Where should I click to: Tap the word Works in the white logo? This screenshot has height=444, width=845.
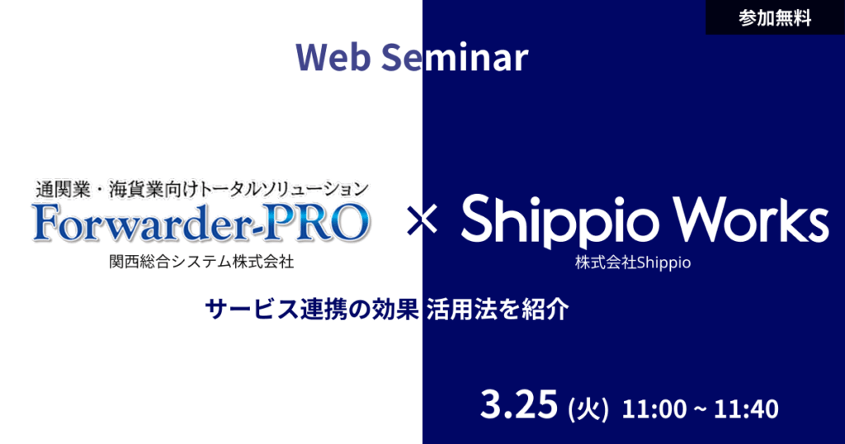point(751,219)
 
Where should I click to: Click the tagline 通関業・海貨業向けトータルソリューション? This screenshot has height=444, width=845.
point(201,189)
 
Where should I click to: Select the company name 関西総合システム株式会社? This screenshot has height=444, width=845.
point(201,262)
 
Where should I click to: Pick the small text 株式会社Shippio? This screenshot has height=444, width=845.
point(633,263)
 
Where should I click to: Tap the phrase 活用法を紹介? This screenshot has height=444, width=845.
point(498,310)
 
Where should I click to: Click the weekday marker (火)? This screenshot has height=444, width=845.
point(588,408)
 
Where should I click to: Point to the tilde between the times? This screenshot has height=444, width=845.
point(699,409)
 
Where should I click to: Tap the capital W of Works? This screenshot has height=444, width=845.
point(700,219)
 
